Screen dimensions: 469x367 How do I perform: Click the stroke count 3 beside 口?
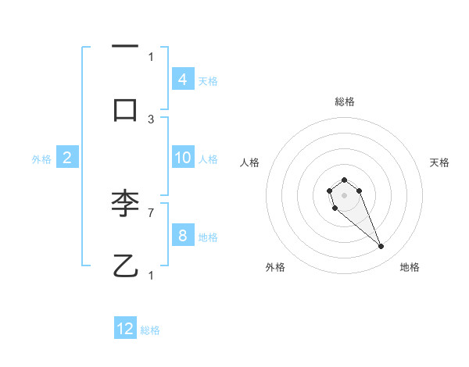click(151, 119)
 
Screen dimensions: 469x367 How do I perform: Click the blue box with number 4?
click(182, 80)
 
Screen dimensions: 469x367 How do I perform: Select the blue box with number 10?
click(182, 158)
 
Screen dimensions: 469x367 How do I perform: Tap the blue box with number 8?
click(182, 236)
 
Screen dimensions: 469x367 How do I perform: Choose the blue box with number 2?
click(67, 159)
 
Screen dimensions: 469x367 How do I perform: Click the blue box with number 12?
click(125, 329)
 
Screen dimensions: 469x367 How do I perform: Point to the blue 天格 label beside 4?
click(208, 80)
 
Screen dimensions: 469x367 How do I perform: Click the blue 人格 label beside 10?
click(208, 159)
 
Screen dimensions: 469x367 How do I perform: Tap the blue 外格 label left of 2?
click(41, 159)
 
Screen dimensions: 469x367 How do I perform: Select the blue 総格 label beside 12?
click(150, 330)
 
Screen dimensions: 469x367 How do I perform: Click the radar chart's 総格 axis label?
click(345, 102)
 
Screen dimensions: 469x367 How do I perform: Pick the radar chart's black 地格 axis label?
click(410, 267)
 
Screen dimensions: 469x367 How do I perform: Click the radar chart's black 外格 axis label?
click(275, 267)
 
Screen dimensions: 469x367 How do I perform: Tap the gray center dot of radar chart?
click(344, 194)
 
